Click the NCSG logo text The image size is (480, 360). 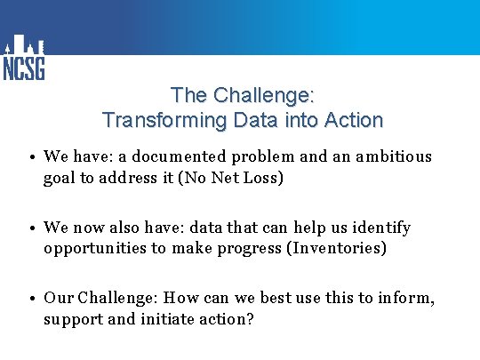click(24, 68)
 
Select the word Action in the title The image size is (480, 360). click(353, 120)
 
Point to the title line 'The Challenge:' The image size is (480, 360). click(242, 95)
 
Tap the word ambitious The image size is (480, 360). click(394, 156)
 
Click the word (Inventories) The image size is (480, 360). click(336, 248)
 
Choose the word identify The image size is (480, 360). click(380, 228)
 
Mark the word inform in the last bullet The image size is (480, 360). click(407, 299)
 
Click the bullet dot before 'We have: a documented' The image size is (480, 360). click(31, 157)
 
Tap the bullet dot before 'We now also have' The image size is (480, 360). click(31, 228)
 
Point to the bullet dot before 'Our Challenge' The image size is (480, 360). click(31, 300)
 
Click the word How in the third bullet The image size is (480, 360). click(181, 299)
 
